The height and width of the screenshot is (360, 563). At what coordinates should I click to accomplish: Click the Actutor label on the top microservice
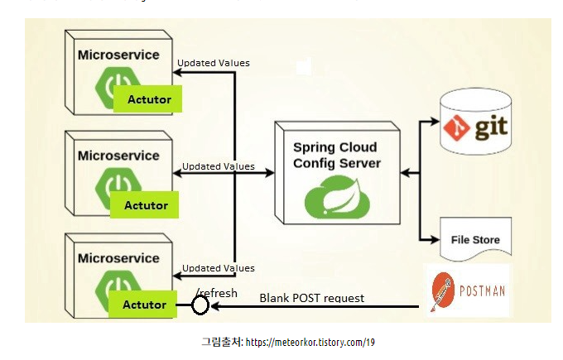[149, 99]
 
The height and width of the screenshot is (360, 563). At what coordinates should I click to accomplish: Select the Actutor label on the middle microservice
[146, 204]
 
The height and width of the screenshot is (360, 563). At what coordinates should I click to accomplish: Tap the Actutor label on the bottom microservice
[144, 305]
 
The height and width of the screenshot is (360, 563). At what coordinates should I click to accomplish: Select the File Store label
[474, 240]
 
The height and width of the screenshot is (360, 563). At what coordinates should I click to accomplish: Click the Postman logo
[468, 290]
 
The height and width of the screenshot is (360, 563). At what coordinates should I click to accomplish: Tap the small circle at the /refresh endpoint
[200, 306]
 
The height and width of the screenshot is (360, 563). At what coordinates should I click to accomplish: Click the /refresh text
[217, 293]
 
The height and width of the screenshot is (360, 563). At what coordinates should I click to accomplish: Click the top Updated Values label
[214, 63]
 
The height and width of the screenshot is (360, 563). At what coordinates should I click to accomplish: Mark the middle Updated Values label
[219, 166]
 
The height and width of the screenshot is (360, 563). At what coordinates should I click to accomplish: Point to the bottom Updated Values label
[219, 268]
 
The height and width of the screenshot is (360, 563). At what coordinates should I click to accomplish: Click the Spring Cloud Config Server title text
[337, 155]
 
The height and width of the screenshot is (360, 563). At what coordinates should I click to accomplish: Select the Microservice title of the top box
[118, 55]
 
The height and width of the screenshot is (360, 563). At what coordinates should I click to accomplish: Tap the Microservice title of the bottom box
[118, 257]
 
